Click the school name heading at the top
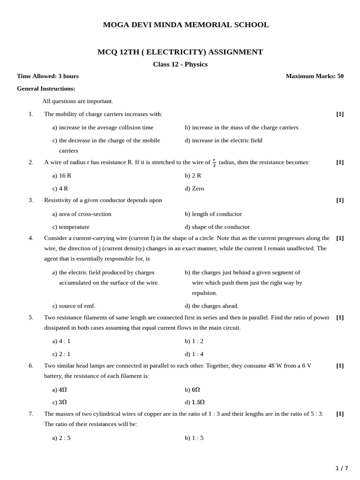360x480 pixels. click(186, 25)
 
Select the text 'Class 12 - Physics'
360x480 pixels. click(180, 64)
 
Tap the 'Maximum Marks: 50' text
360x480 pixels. click(314, 76)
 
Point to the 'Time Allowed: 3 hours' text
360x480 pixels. click(48, 76)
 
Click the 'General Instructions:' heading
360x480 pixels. click(46, 89)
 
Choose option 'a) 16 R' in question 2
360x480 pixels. click(62, 175)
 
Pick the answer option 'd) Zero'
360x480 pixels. click(195, 188)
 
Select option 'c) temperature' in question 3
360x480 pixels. click(71, 227)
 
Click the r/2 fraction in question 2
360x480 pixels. click(214, 163)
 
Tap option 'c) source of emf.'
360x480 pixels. click(74, 306)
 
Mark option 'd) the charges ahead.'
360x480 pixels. click(212, 306)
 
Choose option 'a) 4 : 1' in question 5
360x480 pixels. click(61, 341)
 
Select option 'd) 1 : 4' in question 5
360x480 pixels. click(194, 354)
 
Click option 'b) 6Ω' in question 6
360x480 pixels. click(193, 390)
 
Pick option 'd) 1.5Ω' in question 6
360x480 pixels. click(195, 402)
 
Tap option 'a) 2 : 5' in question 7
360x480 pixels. click(61, 438)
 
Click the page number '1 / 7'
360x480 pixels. click(342, 468)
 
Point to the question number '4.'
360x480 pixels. click(31, 238)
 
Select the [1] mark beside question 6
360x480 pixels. click(340, 366)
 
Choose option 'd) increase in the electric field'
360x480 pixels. click(224, 140)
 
